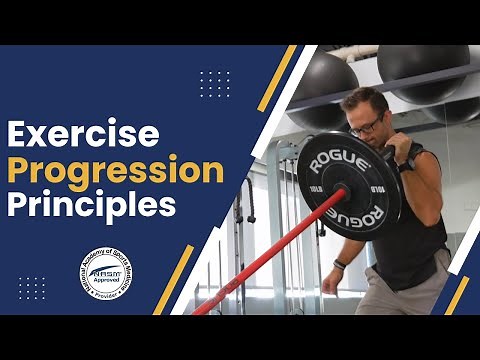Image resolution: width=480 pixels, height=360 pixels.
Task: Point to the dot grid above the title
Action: (214, 84)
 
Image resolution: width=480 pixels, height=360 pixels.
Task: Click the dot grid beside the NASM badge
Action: (32, 288)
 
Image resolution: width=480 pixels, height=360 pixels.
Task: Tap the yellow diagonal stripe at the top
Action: (277, 77)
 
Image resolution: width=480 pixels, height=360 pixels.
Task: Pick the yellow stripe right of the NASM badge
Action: (174, 279)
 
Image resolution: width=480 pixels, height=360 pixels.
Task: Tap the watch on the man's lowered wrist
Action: (340, 265)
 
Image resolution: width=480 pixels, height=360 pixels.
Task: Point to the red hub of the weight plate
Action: (342, 188)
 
